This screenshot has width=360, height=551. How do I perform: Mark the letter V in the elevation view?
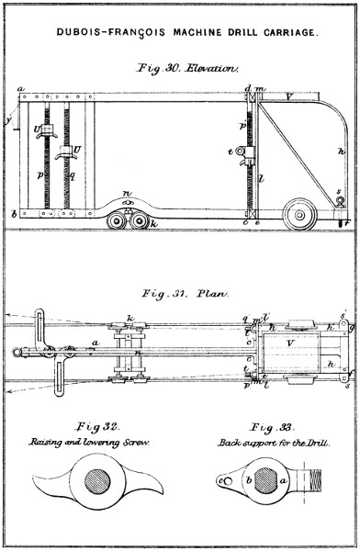[289, 95]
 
